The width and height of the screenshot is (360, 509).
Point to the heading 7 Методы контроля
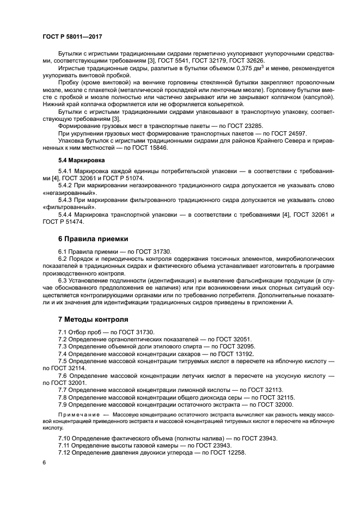93,319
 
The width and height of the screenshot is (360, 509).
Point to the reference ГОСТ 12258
227,453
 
